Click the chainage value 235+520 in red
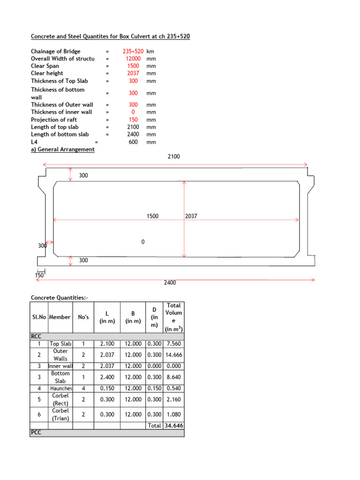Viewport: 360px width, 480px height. [x=133, y=51]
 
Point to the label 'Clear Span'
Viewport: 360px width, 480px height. [x=45, y=66]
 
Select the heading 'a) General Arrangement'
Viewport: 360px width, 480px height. [x=63, y=149]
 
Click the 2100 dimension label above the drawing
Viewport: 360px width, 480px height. [x=174, y=157]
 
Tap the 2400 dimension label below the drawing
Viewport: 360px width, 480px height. [x=170, y=282]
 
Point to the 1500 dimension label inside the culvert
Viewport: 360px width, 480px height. [x=153, y=216]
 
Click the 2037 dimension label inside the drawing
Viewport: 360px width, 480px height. [x=192, y=216]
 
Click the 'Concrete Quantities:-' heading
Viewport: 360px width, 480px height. [x=59, y=298]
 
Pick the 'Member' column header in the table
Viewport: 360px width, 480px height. [x=60, y=317]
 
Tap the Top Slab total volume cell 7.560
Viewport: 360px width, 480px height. [x=173, y=344]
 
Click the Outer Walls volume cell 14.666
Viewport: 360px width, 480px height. [x=173, y=355]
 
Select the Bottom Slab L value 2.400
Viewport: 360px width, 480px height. [x=107, y=377]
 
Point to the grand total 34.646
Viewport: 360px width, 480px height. [x=173, y=426]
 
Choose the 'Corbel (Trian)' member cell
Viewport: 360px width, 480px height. [x=61, y=414]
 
